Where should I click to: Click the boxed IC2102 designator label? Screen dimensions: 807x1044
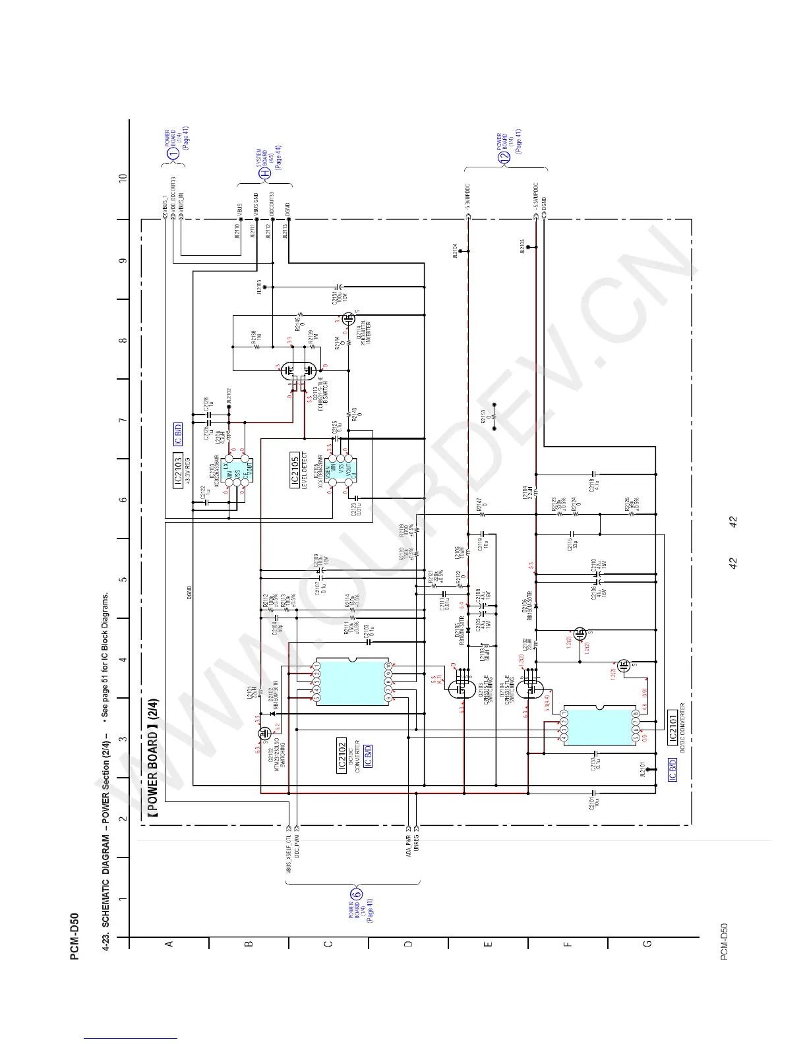(x=342, y=755)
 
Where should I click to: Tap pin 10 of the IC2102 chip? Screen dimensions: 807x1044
(x=388, y=666)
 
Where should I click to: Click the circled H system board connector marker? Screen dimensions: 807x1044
(x=264, y=174)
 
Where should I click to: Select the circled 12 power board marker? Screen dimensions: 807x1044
(x=505, y=157)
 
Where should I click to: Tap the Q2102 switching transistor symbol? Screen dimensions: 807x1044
(x=264, y=732)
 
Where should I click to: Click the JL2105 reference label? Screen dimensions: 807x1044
(x=522, y=246)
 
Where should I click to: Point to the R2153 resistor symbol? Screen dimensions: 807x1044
(x=494, y=417)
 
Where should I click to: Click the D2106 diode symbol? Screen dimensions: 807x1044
(x=535, y=606)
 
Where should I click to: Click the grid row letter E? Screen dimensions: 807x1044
(x=488, y=944)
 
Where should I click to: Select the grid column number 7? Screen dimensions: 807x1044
(x=123, y=420)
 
